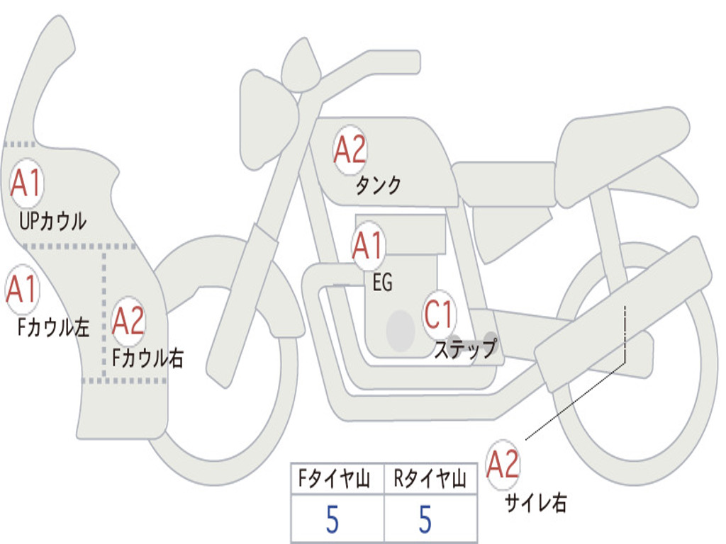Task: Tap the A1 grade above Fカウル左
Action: (x=22, y=289)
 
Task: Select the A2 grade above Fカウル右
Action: (x=128, y=321)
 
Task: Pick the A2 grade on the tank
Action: (x=350, y=150)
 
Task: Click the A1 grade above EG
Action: (x=368, y=245)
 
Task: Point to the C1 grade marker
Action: (x=438, y=314)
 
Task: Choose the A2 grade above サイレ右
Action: (x=503, y=465)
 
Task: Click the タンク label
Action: (x=379, y=186)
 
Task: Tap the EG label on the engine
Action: (x=382, y=282)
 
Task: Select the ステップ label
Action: (x=465, y=348)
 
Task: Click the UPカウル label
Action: (x=52, y=222)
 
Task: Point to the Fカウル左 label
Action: (x=53, y=327)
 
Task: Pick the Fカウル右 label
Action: (x=147, y=358)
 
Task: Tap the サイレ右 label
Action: (x=536, y=502)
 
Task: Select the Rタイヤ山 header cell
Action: (x=430, y=479)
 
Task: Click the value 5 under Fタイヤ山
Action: (x=333, y=519)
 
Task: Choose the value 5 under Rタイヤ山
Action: (x=425, y=519)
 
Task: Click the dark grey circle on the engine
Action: (x=401, y=331)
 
